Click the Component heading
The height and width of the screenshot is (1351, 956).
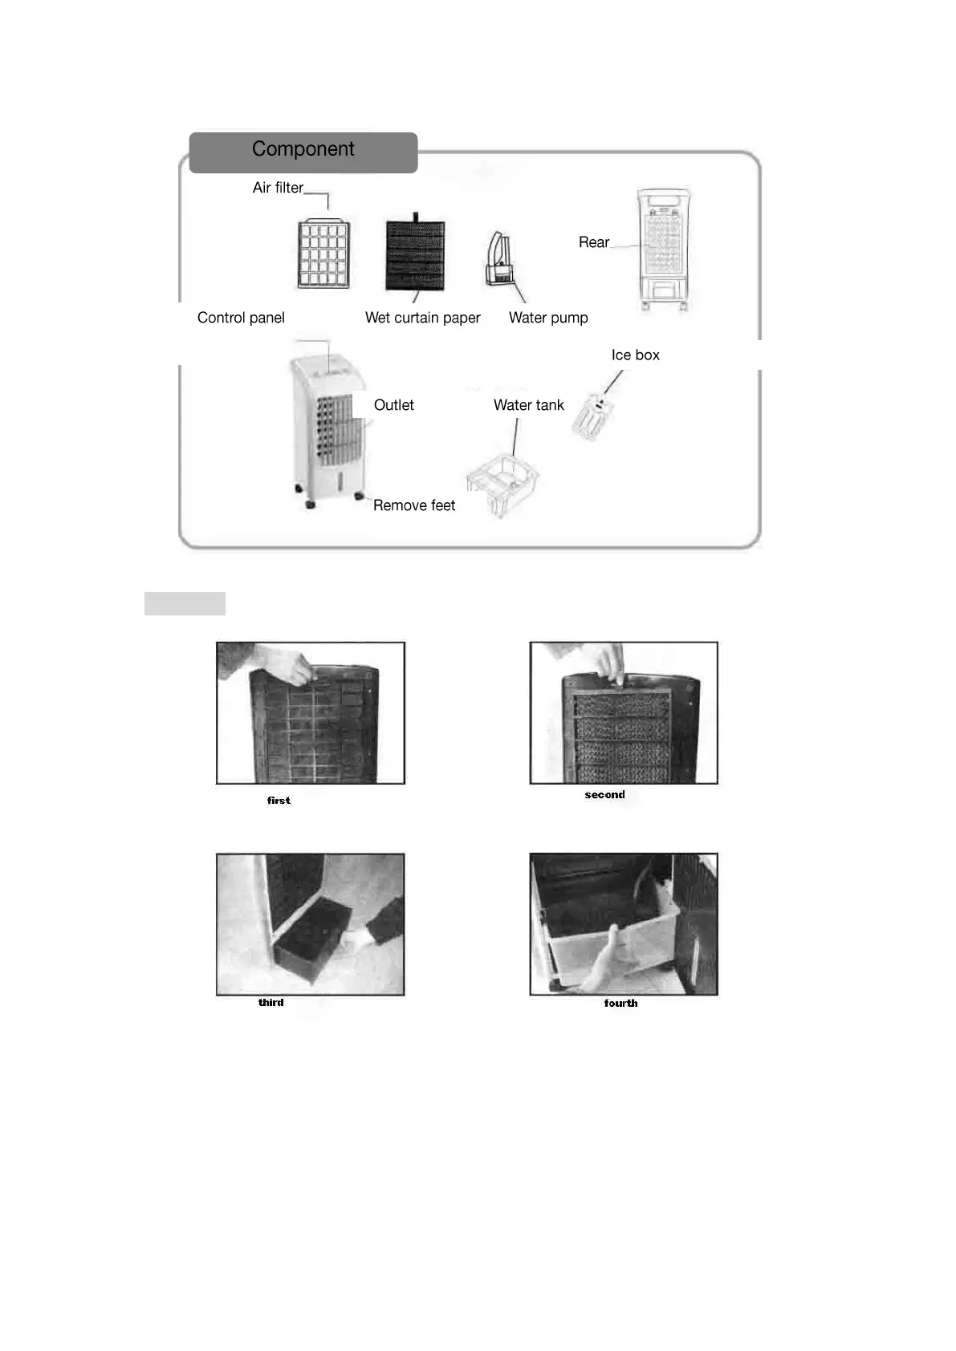pyautogui.click(x=303, y=149)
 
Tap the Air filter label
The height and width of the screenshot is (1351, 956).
pyautogui.click(x=278, y=188)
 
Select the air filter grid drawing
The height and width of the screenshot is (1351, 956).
pyautogui.click(x=323, y=254)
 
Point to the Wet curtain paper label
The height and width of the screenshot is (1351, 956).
pyautogui.click(x=422, y=318)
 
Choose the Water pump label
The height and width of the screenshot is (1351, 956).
pyautogui.click(x=548, y=318)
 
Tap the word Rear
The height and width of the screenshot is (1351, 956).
pyautogui.click(x=593, y=242)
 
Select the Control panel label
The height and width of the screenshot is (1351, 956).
pyautogui.click(x=241, y=318)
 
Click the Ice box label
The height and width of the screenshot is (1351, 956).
pyautogui.click(x=635, y=355)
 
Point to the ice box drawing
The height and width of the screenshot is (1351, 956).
pyautogui.click(x=593, y=416)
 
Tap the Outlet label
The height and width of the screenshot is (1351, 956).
pyautogui.click(x=393, y=405)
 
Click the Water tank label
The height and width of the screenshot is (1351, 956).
pyautogui.click(x=528, y=405)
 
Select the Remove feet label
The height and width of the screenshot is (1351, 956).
pyautogui.click(x=413, y=505)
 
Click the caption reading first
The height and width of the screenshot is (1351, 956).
pyautogui.click(x=279, y=800)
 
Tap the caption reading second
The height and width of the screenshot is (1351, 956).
pyautogui.click(x=604, y=794)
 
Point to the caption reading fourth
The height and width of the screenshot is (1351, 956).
pyautogui.click(x=620, y=1003)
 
